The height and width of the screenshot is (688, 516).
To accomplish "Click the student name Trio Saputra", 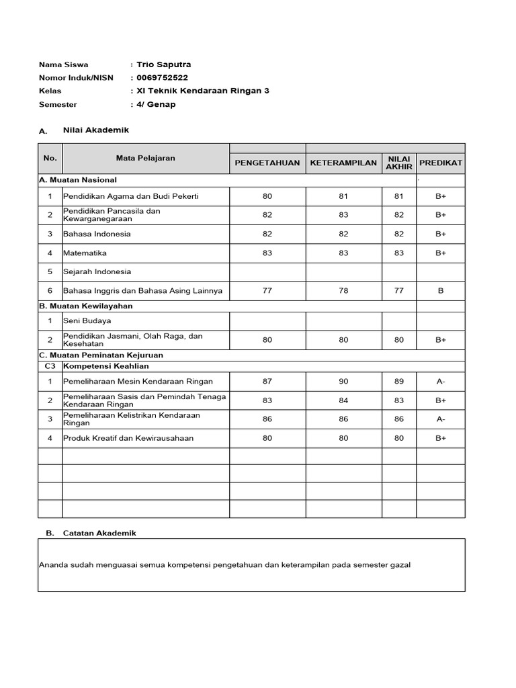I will point(163,64).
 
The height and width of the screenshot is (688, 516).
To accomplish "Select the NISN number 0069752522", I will point(162,77).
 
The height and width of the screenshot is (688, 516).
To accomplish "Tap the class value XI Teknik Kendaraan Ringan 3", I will point(202,91).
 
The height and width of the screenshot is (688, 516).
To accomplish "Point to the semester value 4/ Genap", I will point(156,104).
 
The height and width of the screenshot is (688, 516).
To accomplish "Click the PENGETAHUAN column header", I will point(267,163).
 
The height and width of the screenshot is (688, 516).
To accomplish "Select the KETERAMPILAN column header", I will point(343,163).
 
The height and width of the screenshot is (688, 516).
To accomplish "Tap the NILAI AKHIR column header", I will point(399,163).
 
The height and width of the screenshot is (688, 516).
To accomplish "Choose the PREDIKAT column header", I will point(441,163).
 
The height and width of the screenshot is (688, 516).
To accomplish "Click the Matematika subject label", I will point(85,253).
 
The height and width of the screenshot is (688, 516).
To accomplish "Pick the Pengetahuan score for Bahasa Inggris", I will point(267,291).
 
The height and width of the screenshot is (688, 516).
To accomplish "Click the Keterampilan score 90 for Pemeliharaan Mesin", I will point(343,382).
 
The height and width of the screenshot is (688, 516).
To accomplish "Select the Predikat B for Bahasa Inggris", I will point(441,291).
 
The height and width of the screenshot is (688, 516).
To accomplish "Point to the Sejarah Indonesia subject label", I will point(97,272).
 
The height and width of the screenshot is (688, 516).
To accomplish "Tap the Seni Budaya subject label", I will point(87,321).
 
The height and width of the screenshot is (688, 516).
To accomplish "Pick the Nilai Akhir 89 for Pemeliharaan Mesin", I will point(399,382).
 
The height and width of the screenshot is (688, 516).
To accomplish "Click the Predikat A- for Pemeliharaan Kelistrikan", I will point(441,419).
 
